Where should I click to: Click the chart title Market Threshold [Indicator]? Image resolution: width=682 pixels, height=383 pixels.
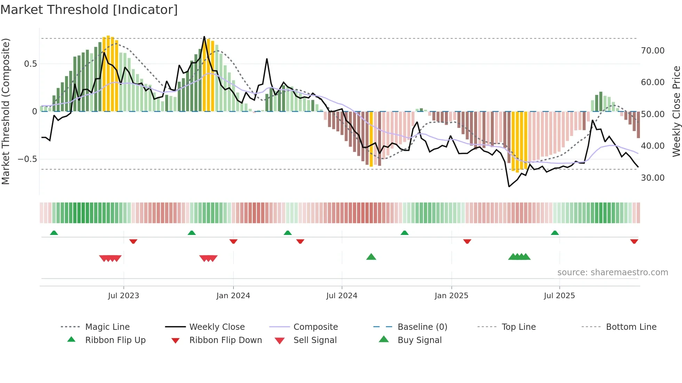(89, 10)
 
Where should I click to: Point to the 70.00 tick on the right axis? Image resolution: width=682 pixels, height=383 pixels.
(652, 51)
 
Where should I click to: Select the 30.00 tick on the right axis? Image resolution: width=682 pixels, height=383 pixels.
(652, 178)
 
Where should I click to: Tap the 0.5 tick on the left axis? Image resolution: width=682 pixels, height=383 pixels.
(30, 64)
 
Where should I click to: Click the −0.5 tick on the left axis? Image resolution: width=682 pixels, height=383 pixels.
(27, 159)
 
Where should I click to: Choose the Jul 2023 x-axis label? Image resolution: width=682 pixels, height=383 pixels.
(124, 296)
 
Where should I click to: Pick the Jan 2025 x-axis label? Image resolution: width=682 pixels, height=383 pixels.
(451, 296)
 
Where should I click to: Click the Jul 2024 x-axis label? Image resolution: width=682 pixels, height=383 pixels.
(342, 296)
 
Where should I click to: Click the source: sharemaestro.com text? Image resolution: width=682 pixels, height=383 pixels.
(612, 272)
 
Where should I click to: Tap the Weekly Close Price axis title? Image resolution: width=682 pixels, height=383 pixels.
(676, 111)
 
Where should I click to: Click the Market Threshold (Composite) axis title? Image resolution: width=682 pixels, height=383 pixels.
(6, 111)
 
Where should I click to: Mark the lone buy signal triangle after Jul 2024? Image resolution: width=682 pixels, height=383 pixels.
(371, 257)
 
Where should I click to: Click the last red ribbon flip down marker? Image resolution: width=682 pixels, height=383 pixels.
(634, 241)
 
